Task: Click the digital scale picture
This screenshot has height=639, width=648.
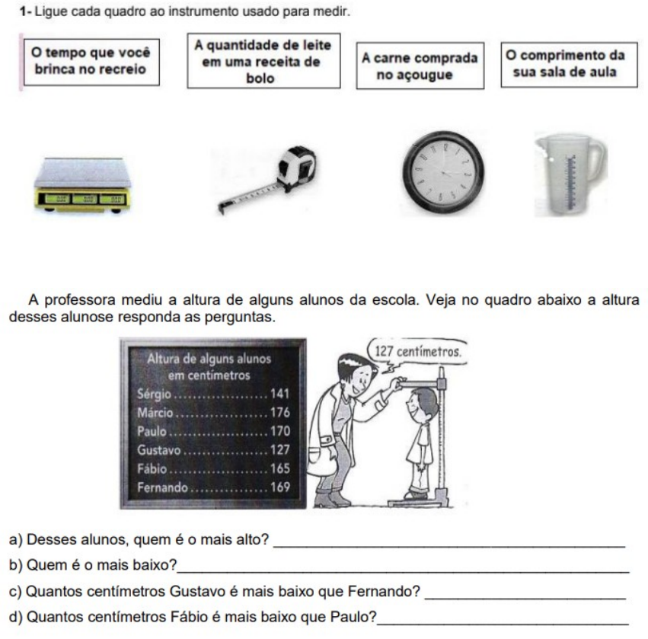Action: (82, 185)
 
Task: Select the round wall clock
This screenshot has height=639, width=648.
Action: (443, 173)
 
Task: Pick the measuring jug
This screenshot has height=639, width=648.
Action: (570, 174)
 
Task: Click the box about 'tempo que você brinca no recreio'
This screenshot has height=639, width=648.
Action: (91, 62)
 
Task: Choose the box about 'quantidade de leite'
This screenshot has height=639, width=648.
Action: (263, 61)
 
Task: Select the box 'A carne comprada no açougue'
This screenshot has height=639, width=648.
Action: (420, 65)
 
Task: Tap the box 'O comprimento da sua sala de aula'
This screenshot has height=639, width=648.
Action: (569, 65)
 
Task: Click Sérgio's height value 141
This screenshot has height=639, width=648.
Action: (279, 393)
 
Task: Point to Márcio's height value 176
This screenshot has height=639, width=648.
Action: (279, 412)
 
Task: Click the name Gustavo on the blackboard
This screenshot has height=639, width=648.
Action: (158, 449)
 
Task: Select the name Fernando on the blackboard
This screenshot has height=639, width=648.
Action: (162, 487)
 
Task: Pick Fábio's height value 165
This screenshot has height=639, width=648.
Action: (279, 468)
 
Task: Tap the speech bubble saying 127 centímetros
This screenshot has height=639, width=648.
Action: (417, 352)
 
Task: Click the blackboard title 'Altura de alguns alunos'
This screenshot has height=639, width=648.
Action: (209, 359)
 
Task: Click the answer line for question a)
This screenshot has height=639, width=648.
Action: (449, 546)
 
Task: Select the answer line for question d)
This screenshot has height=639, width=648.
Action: (503, 623)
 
